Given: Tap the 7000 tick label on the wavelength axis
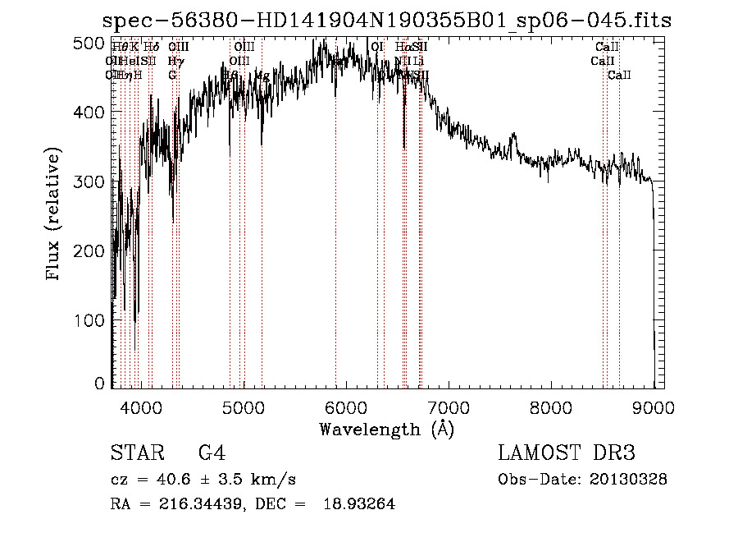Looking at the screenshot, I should click(x=448, y=406).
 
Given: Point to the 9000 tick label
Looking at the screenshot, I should click(x=654, y=406).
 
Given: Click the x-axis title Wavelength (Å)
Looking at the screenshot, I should click(x=386, y=428).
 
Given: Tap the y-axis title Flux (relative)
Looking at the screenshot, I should click(x=55, y=216).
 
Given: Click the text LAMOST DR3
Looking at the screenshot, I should click(x=567, y=453).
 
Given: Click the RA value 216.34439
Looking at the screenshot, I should click(x=186, y=504).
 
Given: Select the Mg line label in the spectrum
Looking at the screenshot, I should click(x=262, y=76).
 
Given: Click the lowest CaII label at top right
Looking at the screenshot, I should click(x=619, y=76).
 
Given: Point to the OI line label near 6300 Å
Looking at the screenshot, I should click(x=377, y=48).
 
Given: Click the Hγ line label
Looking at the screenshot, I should click(x=175, y=61).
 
